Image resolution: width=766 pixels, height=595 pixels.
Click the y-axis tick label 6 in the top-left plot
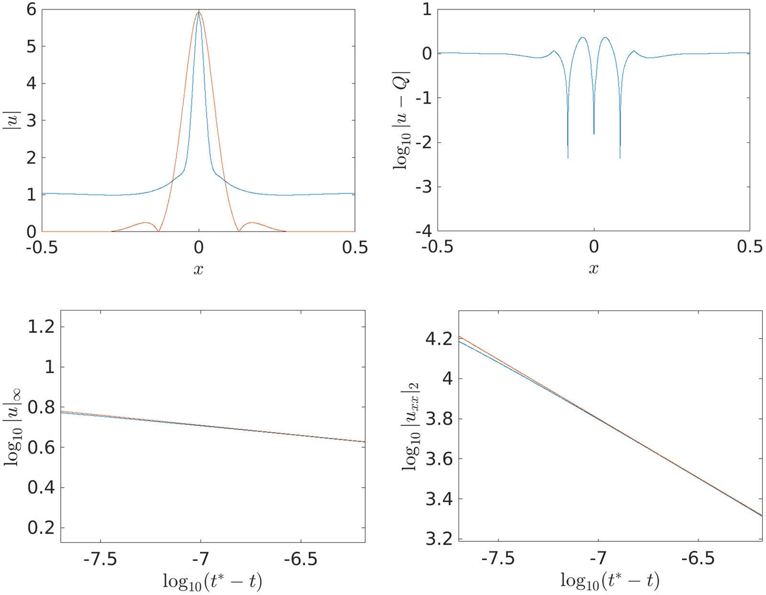coord(32,9)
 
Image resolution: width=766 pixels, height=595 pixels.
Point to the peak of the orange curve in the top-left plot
coord(199,12)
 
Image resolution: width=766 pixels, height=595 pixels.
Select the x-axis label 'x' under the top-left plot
coord(198,269)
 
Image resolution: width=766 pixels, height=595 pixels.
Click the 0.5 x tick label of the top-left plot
coord(355,248)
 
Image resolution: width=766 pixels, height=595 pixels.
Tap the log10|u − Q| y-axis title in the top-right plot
coord(401,120)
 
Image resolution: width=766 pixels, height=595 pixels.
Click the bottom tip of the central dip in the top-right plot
coord(594,134)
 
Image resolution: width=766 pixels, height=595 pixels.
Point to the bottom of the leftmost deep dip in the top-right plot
coord(568,158)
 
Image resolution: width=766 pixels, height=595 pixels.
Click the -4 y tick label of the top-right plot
coord(423,231)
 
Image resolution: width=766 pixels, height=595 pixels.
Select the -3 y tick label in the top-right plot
coord(423,187)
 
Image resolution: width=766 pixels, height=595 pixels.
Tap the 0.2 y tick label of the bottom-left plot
coord(41,527)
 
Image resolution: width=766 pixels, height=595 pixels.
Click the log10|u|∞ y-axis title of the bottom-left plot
coord(14,426)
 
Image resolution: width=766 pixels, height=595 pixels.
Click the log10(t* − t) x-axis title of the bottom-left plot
coord(213,582)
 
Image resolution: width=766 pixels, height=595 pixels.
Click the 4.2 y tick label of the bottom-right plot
coord(439,339)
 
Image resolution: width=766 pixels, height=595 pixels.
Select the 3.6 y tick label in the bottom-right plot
coord(439,459)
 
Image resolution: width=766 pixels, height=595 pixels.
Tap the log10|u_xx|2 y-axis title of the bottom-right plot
coord(411,426)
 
